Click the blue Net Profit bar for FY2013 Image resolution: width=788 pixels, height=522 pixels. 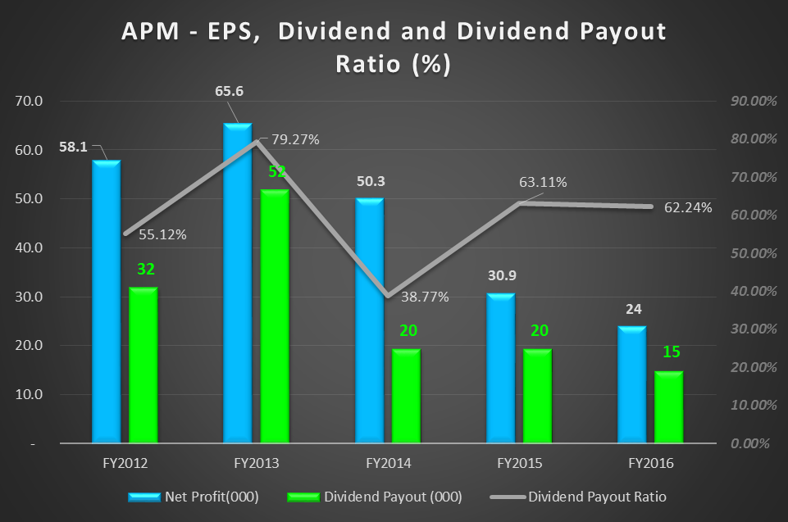pos(238,283)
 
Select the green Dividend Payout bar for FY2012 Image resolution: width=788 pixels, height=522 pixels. pos(143,365)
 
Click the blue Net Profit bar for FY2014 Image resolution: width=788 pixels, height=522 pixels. pos(369,320)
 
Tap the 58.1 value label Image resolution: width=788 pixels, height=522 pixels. pos(74,148)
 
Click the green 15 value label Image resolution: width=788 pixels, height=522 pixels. pos(669,352)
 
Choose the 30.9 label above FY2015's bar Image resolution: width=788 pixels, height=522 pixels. pos(500,275)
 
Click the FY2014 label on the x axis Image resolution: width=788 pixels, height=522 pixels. pos(388,463)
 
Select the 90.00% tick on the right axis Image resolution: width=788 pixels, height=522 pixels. pos(745,102)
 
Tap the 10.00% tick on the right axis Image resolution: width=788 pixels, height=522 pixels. pos(745,405)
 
